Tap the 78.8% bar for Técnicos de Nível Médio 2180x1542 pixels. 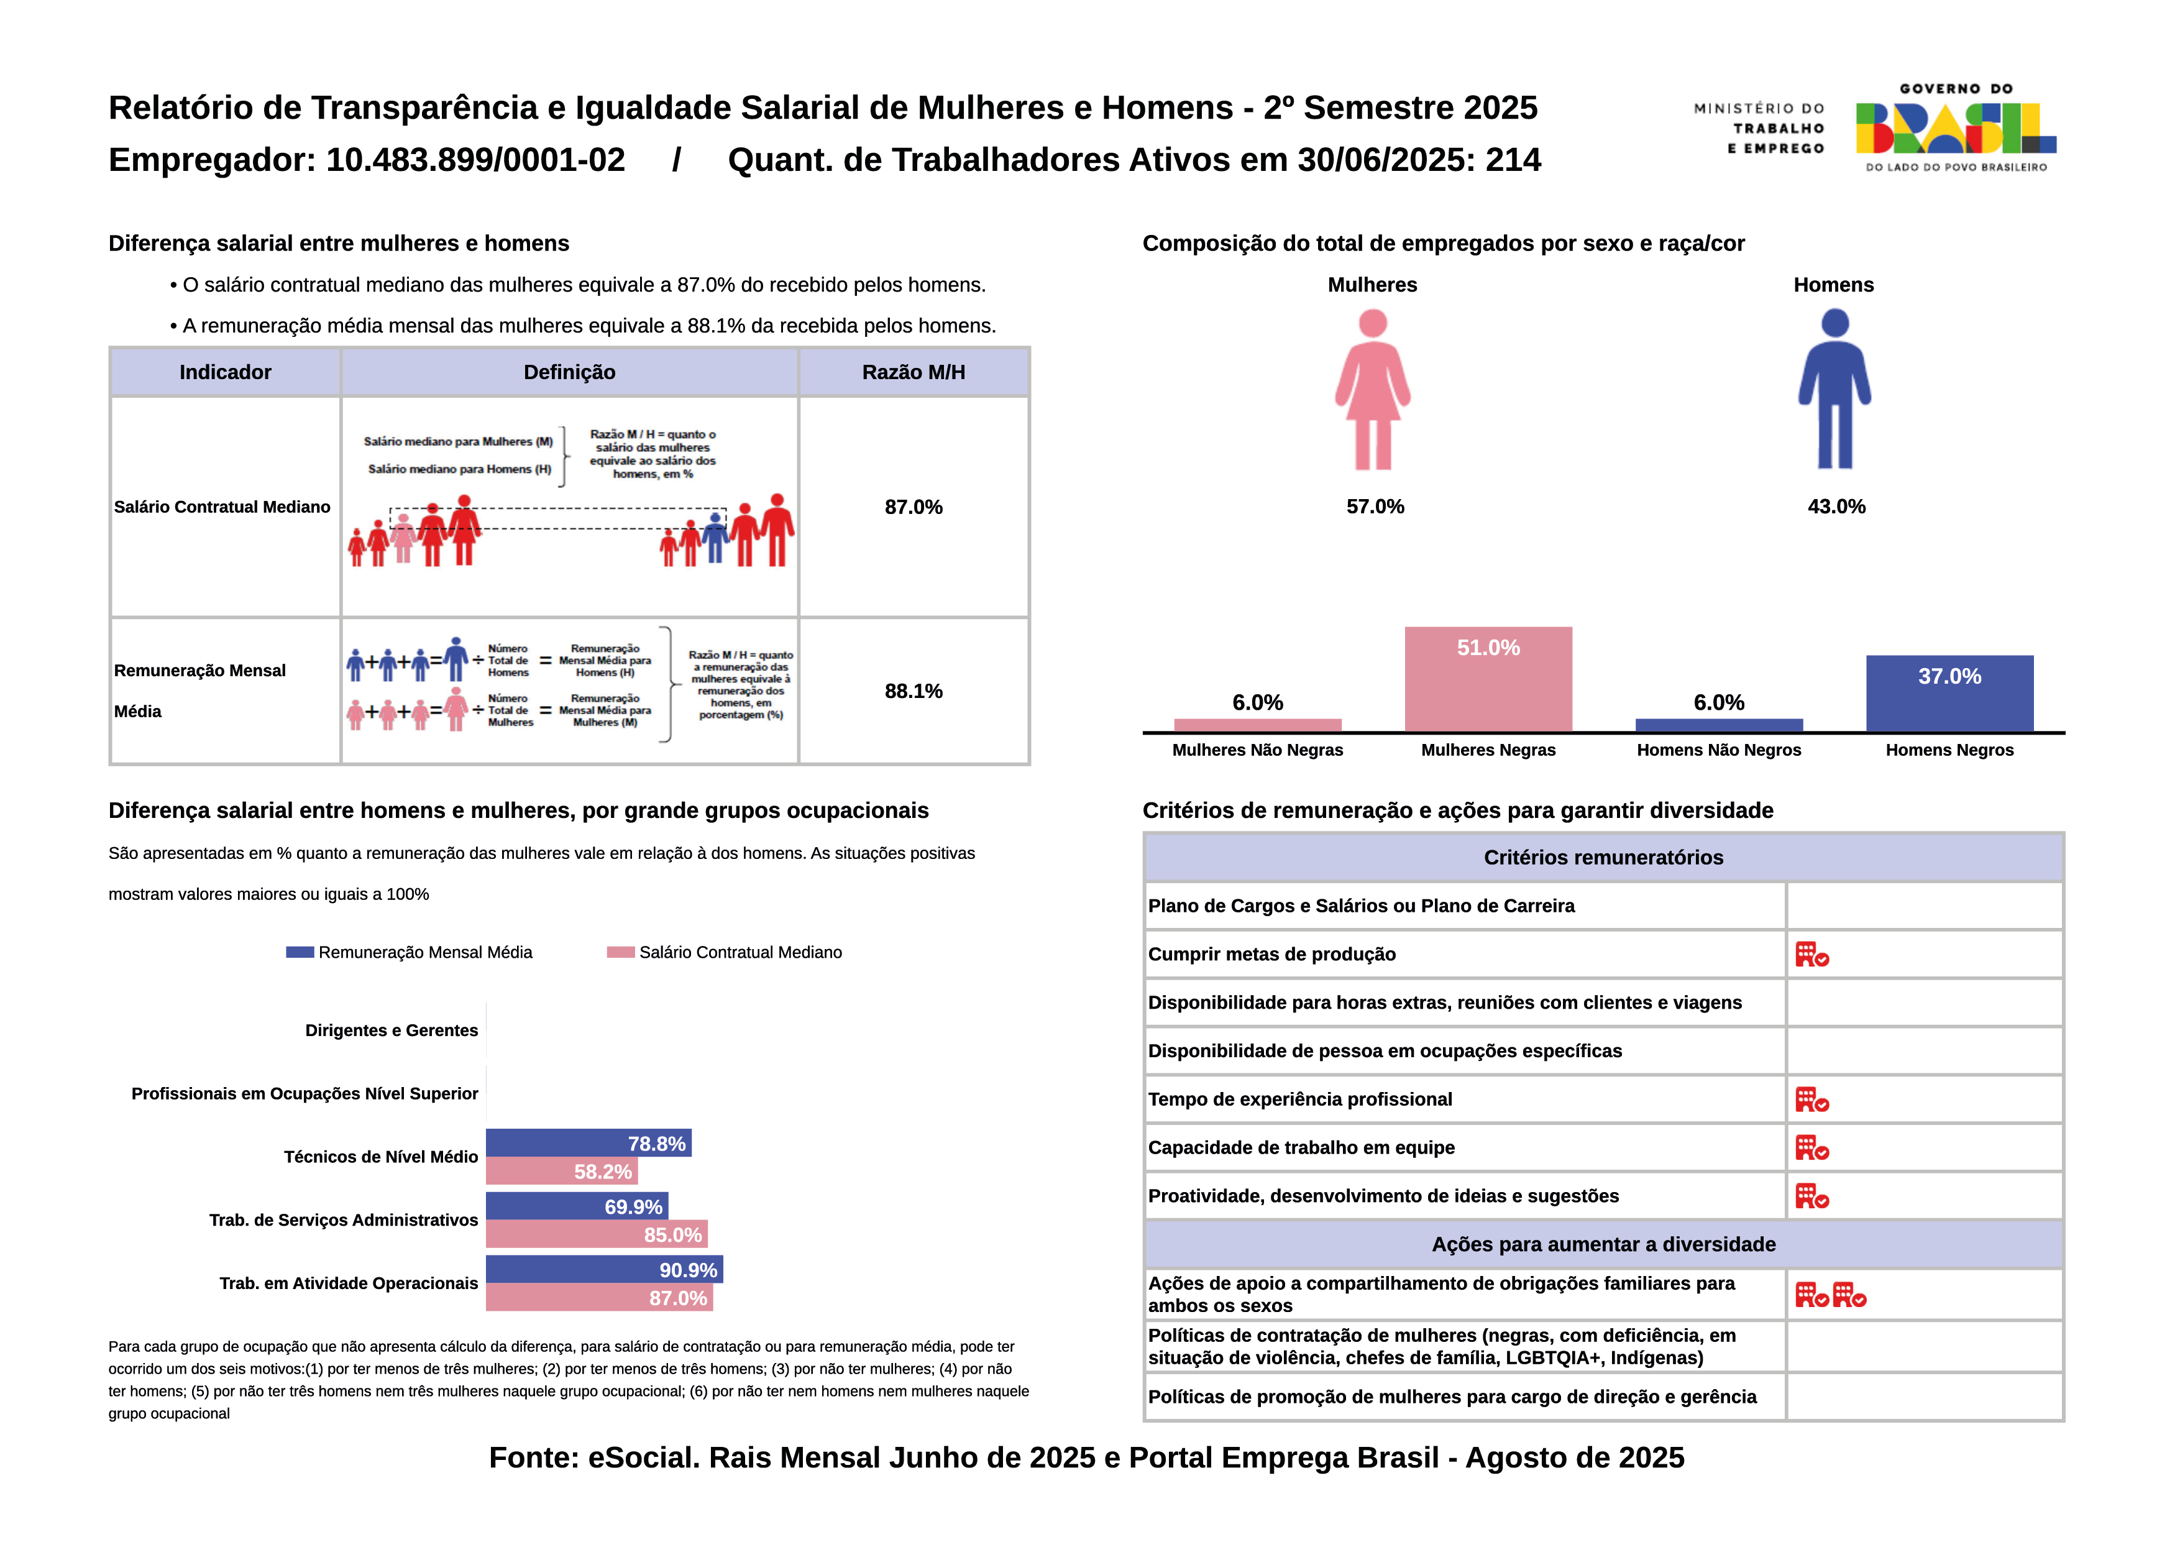coord(588,1143)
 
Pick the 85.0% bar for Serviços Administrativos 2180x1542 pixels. coord(597,1234)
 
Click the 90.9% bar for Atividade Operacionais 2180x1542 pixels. coord(604,1270)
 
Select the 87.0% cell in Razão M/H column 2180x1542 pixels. coord(914,507)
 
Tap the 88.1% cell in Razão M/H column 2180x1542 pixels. coord(914,691)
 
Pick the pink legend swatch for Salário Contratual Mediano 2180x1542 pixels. coord(620,952)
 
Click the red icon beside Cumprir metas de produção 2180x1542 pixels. coord(1811,954)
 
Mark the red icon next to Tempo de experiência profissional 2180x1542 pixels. coord(1811,1099)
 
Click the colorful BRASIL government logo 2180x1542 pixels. coord(1955,128)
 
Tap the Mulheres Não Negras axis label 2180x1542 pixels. coord(1257,750)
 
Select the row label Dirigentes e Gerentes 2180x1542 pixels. coord(391,1030)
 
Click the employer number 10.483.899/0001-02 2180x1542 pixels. coord(475,160)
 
